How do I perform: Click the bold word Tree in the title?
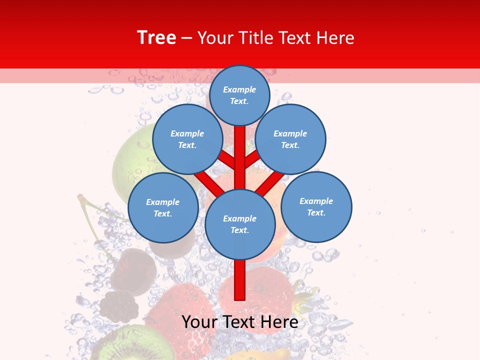coord(156,38)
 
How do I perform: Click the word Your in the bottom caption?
coord(201,322)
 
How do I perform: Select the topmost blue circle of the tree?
coord(239,95)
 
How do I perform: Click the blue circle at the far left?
coord(163,208)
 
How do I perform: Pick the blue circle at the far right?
coord(316,207)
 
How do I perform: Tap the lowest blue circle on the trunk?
coord(240,224)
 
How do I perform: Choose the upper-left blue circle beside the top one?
coord(187,139)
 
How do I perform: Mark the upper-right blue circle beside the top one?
coord(290,139)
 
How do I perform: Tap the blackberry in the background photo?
coord(119,305)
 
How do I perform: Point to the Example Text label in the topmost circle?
coord(239,95)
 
